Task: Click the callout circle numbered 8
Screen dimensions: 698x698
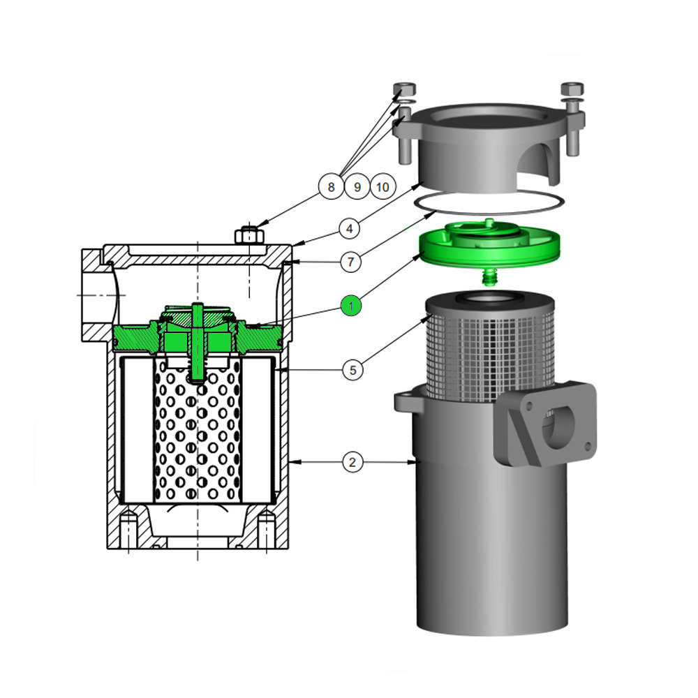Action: (x=331, y=186)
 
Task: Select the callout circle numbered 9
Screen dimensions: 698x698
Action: (x=357, y=186)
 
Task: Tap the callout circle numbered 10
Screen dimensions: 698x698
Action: (x=383, y=186)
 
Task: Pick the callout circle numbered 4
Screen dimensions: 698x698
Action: (x=352, y=228)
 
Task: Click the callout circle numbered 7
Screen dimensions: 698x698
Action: (x=352, y=262)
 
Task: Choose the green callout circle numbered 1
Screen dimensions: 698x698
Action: (x=352, y=305)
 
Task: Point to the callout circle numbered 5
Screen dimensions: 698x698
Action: (x=352, y=370)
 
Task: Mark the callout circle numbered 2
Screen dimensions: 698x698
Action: (x=352, y=461)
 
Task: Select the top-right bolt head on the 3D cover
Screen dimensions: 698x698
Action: (x=572, y=90)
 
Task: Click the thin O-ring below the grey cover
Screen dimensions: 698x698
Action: (x=489, y=203)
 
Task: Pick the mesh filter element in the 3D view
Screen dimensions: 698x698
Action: (x=492, y=352)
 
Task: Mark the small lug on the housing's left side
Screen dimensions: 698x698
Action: (x=404, y=402)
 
